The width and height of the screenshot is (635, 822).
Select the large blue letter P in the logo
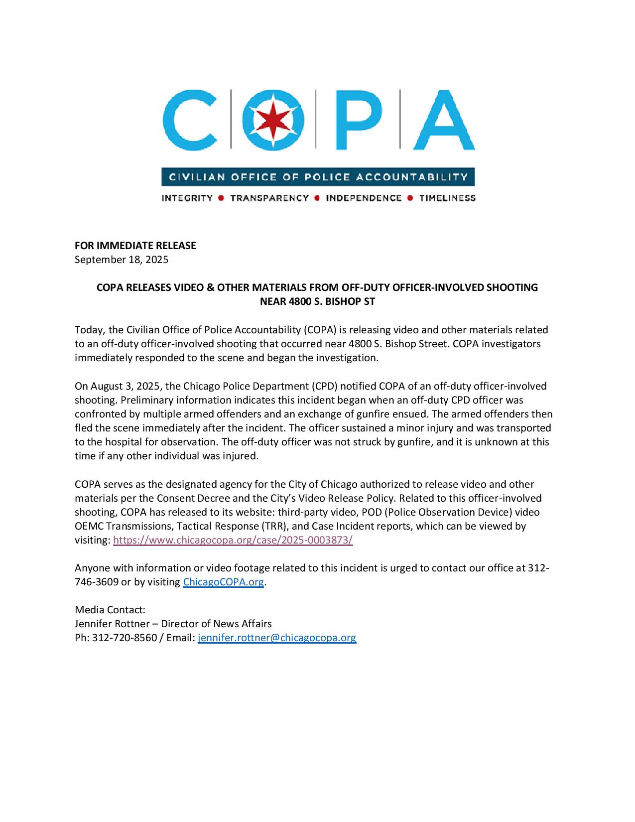point(357,120)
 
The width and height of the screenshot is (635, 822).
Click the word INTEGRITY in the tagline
point(187,198)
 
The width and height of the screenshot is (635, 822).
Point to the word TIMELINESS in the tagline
point(447,198)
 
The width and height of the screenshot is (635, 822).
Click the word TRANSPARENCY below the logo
point(269,198)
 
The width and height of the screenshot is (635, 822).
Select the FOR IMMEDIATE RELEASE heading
point(135,246)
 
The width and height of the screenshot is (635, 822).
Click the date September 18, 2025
point(122,260)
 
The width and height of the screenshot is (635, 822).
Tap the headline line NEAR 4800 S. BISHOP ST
point(317,301)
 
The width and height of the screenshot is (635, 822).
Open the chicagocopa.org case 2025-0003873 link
point(233,540)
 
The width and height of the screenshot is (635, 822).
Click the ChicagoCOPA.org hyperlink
point(223,582)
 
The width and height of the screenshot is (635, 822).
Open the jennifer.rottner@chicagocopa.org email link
point(277,638)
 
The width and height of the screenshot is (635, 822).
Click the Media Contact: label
point(110,610)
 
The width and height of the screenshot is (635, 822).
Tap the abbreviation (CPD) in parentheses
point(325,386)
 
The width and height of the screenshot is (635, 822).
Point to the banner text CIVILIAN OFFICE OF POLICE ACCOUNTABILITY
point(318,177)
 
